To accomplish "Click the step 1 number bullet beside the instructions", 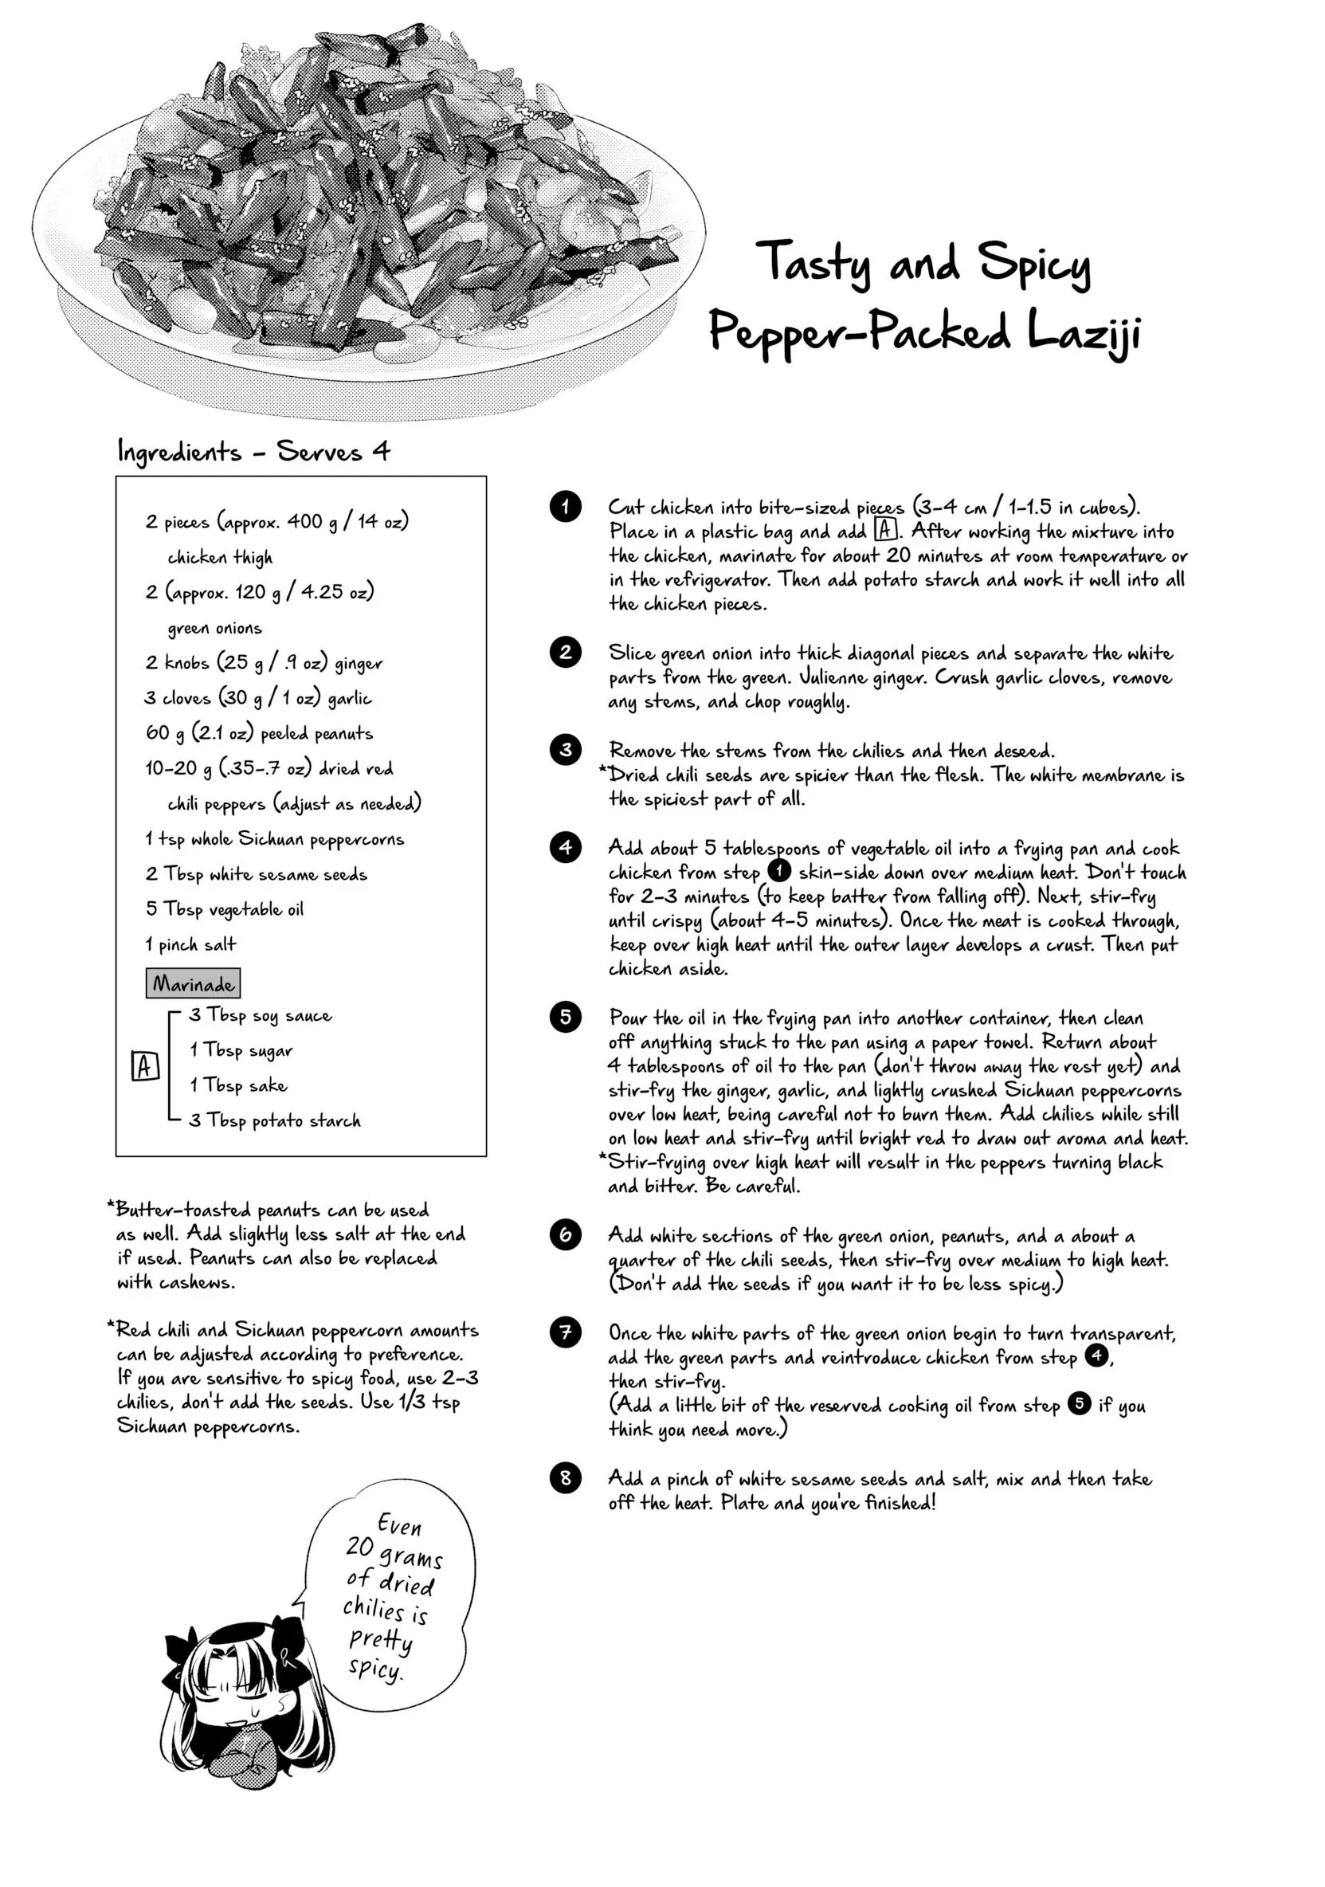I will (566, 506).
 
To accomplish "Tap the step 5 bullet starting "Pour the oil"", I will (566, 1017).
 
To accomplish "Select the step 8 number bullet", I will (566, 1477).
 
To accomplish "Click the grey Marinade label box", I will (193, 983).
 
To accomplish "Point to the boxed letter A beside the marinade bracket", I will (145, 1067).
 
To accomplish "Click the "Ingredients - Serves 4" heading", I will (254, 451).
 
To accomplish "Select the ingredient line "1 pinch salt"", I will (190, 944).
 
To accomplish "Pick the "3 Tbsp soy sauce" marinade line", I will (261, 1015).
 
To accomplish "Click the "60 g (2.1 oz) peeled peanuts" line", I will (259, 732).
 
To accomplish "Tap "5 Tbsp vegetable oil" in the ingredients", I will (225, 909).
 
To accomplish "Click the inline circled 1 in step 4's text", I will (779, 871).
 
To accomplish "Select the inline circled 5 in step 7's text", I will (1080, 1403).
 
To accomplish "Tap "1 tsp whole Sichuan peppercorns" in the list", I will (275, 838).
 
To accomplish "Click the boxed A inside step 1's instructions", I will (884, 530).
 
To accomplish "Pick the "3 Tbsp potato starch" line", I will (275, 1120).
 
